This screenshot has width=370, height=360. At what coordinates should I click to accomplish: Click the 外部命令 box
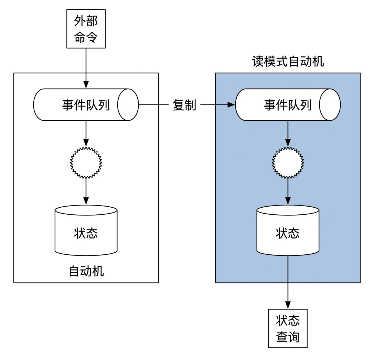tap(86, 29)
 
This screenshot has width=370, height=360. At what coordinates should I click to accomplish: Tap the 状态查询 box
tap(288, 328)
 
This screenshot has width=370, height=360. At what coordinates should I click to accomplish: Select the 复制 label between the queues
tap(184, 105)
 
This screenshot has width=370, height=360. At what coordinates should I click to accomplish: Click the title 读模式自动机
tap(288, 62)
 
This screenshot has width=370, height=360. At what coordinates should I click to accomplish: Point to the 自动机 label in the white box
tap(86, 271)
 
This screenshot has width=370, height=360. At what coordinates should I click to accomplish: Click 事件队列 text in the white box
tap(86, 105)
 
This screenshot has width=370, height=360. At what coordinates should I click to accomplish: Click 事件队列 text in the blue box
tap(288, 105)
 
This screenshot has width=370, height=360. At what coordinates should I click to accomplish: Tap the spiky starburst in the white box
tap(86, 163)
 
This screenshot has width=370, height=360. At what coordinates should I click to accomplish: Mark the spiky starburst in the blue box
tap(288, 163)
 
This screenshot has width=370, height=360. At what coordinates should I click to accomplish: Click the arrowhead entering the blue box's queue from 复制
tap(231, 105)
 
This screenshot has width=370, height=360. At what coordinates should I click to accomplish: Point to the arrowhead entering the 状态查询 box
tap(288, 305)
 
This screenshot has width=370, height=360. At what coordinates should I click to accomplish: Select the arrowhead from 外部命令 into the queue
tap(86, 85)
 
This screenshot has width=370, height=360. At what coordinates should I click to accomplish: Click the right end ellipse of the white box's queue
tap(128, 105)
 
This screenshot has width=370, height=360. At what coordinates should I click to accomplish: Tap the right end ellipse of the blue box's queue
tap(330, 105)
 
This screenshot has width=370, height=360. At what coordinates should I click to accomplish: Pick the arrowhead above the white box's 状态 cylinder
tap(86, 201)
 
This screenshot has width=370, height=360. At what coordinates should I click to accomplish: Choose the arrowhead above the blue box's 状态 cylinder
tap(288, 201)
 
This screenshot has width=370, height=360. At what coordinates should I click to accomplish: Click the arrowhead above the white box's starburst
tap(86, 143)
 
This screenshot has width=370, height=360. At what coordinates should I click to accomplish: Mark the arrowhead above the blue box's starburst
tap(288, 143)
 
